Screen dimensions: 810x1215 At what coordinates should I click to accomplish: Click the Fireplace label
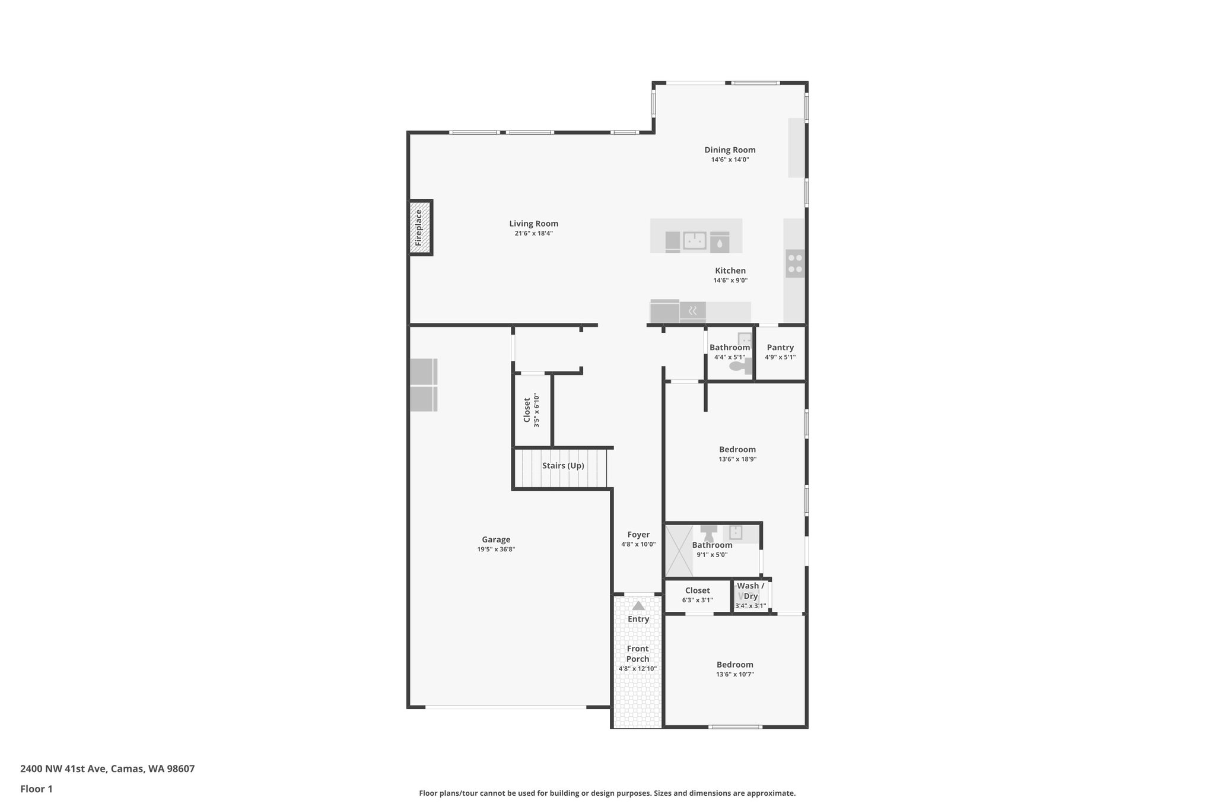[x=419, y=228]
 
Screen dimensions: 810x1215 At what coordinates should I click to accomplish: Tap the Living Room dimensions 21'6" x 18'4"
[x=534, y=234]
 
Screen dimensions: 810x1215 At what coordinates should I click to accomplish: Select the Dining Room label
[x=730, y=150]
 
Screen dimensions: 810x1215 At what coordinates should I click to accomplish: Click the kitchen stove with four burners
[x=795, y=263]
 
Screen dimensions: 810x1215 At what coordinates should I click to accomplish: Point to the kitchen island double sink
[x=694, y=241]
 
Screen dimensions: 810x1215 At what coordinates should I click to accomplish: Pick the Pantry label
[x=780, y=348]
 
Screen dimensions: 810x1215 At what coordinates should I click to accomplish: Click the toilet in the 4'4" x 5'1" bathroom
[x=738, y=367]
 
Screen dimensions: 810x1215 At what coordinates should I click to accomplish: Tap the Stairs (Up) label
[x=563, y=466]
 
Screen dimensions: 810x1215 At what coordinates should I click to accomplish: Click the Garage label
[x=496, y=539]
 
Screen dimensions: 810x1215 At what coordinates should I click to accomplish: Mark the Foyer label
[x=638, y=535]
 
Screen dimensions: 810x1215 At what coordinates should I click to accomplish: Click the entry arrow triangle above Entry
[x=638, y=606]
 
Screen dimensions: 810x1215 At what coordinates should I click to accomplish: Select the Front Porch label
[x=638, y=654]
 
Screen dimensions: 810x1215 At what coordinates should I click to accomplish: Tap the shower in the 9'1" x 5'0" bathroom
[x=678, y=550]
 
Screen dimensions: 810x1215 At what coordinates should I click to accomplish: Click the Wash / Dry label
[x=750, y=591]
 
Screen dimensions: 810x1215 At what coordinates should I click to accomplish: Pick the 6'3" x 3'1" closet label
[x=697, y=590]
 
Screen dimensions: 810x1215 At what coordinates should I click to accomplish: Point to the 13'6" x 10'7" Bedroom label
[x=734, y=665]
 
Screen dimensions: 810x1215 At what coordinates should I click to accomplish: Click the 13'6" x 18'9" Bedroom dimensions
[x=737, y=459]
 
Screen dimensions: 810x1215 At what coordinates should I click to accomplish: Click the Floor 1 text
[x=36, y=789]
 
